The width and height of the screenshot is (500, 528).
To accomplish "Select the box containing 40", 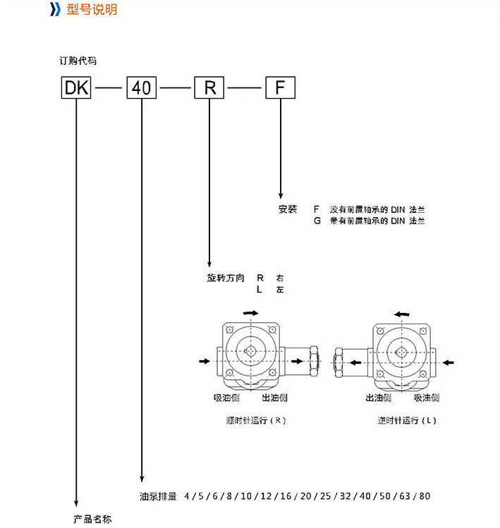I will click(141, 88).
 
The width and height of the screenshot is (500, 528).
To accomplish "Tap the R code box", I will click(209, 88).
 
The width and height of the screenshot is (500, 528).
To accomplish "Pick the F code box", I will click(280, 88).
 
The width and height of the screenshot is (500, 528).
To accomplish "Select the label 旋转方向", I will click(226, 278).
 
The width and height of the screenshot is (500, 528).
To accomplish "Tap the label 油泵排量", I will click(157, 496).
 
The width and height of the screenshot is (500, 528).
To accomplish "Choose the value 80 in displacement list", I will click(425, 496).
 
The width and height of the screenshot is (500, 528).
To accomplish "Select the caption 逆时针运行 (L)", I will click(408, 421).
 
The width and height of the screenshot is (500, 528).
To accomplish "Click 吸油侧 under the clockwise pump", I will click(226, 398).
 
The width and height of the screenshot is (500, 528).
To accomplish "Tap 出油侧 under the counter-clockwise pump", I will click(378, 398).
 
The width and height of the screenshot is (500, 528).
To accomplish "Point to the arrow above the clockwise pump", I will click(250, 312).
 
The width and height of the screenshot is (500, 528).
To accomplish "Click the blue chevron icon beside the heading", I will click(55, 10).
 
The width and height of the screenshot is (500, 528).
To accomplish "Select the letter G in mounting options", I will click(317, 221).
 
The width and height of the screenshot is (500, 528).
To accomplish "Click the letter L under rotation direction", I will click(259, 289).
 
